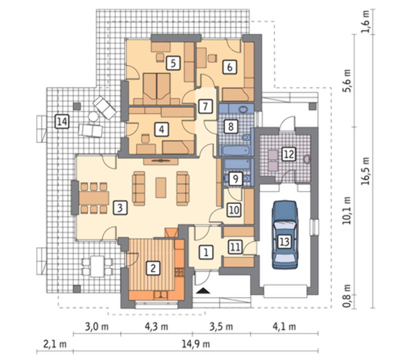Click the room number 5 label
coord(173,63)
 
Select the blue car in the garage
coord(284,234)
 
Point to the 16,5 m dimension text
coord(366,171)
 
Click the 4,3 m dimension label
coord(156,326)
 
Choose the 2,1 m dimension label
coord(55,344)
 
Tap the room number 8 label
coord(231,126)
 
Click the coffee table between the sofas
coord(161,187)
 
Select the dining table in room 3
coord(94,198)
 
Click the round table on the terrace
coord(93,117)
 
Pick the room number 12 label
coord(289,154)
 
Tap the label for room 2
coord(153,268)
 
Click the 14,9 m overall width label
coord(196,344)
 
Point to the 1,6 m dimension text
coord(366,21)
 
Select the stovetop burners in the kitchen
coord(179,272)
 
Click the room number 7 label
coord(205,106)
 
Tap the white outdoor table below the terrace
coord(97,266)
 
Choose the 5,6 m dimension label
coord(348,80)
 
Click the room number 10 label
coord(234,210)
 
